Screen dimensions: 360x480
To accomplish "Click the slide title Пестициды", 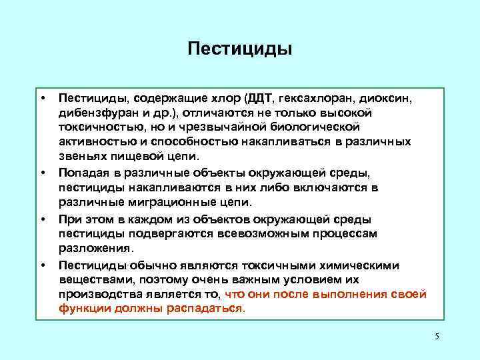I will [x=240, y=49].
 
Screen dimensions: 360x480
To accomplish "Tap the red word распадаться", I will [x=210, y=309].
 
